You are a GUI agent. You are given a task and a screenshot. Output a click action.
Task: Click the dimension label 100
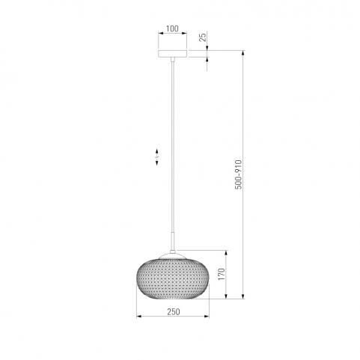tap(172, 28)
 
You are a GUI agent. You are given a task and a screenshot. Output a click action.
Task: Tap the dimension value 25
tap(204, 37)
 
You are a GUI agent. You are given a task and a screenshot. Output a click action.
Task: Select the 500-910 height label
tap(239, 174)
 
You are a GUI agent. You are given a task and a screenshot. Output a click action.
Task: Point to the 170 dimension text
tap(222, 274)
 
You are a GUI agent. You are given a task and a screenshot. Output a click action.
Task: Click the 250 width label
tap(174, 311)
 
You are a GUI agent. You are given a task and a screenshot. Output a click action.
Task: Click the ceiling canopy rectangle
tap(173, 54)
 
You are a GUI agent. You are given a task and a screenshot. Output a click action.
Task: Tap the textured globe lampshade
tap(173, 279)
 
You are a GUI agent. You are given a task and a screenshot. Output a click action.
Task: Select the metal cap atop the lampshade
tap(173, 256)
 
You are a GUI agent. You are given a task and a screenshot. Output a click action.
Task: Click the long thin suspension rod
tap(173, 147)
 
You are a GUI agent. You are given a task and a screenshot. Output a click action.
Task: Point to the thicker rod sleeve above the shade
tap(173, 241)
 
